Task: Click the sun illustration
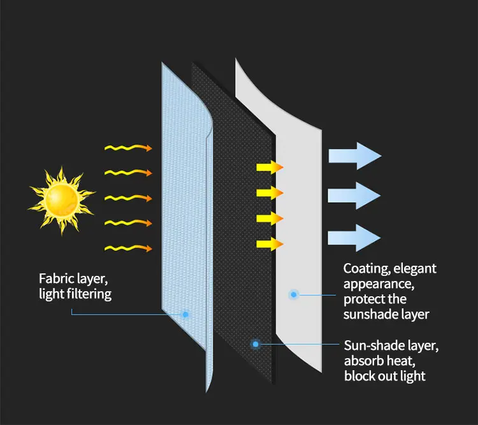tap(61, 198)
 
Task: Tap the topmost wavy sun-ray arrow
tap(128, 148)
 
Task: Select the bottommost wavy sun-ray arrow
tap(128, 247)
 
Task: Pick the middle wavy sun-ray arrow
tap(128, 198)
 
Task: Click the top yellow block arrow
tap(269, 168)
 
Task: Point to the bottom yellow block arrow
tap(269, 243)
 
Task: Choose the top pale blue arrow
tap(354, 156)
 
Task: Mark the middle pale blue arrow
tap(354, 196)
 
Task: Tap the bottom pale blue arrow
tap(354, 238)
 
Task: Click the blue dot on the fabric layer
tap(185, 314)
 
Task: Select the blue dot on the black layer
tap(256, 344)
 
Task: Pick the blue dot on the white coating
tap(294, 294)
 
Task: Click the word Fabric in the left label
tap(55, 278)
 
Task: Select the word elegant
tap(415, 268)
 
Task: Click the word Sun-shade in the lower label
tap(370, 346)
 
